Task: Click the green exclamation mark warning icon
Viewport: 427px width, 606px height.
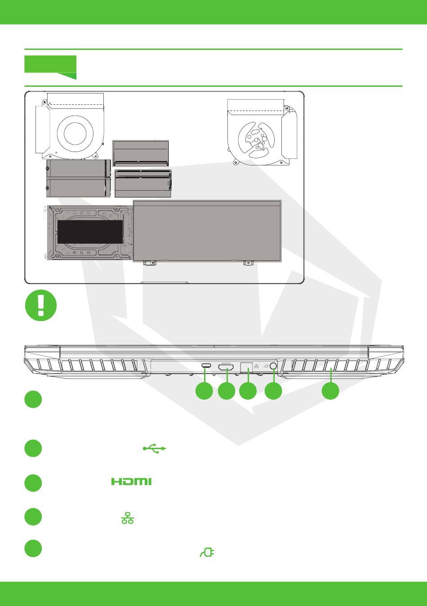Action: click(41, 306)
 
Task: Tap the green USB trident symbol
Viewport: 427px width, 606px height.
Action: click(155, 448)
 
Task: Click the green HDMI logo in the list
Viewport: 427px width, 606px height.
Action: click(131, 481)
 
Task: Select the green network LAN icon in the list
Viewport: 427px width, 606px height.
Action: click(128, 519)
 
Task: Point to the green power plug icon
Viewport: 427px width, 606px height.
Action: click(207, 552)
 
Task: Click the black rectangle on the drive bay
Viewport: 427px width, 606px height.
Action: click(90, 232)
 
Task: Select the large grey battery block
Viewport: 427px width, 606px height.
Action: click(207, 231)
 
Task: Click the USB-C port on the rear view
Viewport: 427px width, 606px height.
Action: click(206, 366)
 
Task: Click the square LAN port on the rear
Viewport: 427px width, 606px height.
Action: click(246, 367)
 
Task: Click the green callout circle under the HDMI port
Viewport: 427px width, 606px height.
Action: click(227, 391)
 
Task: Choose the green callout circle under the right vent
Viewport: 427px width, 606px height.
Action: click(331, 391)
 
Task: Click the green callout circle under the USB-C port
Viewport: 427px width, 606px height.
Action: click(204, 391)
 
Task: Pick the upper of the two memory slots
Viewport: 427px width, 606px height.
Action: click(140, 153)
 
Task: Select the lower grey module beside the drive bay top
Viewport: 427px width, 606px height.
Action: click(78, 187)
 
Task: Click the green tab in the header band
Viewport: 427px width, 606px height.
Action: click(50, 66)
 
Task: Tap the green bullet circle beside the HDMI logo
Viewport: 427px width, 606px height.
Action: click(33, 482)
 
